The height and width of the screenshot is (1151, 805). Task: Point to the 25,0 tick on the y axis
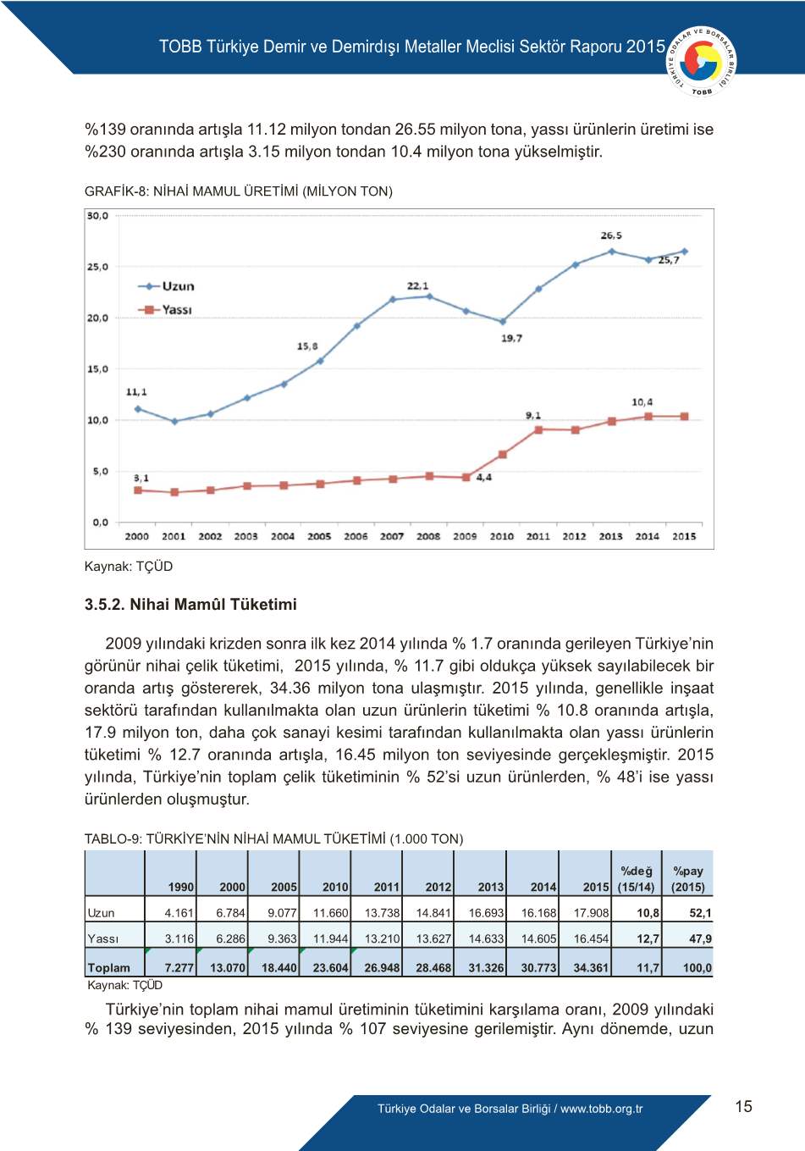pyautogui.click(x=97, y=267)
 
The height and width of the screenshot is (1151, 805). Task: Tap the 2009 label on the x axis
pyautogui.click(x=465, y=536)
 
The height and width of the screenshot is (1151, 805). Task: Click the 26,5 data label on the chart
pyautogui.click(x=611, y=235)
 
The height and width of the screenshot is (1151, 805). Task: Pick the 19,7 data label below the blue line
pyautogui.click(x=511, y=338)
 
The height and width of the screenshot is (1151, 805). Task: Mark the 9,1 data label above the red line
pyautogui.click(x=533, y=415)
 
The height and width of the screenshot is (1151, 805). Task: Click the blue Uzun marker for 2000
pyautogui.click(x=138, y=409)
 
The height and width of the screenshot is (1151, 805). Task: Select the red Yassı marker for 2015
pyautogui.click(x=684, y=417)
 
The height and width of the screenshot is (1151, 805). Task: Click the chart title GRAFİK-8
pyautogui.click(x=238, y=191)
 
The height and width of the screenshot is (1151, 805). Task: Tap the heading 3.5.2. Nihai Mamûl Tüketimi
pyautogui.click(x=190, y=605)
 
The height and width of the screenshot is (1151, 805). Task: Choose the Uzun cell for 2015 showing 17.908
pyautogui.click(x=591, y=913)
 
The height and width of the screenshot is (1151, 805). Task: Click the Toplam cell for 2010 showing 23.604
pyautogui.click(x=330, y=967)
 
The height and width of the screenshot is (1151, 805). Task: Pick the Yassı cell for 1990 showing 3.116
pyautogui.click(x=179, y=938)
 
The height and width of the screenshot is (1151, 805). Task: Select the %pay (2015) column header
pyautogui.click(x=688, y=878)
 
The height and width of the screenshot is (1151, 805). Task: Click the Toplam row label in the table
pyautogui.click(x=108, y=967)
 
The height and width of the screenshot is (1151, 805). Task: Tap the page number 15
pyautogui.click(x=743, y=1106)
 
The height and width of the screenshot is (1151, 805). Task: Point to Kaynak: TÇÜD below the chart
pyautogui.click(x=128, y=567)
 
